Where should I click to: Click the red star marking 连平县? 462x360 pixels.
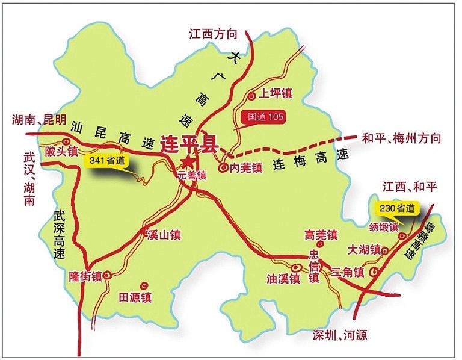point(189,161)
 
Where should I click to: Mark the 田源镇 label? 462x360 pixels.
point(135,297)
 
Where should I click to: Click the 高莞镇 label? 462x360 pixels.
point(321,234)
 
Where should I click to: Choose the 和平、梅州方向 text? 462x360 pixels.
point(402,138)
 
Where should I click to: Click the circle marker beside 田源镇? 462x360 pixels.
point(143,285)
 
